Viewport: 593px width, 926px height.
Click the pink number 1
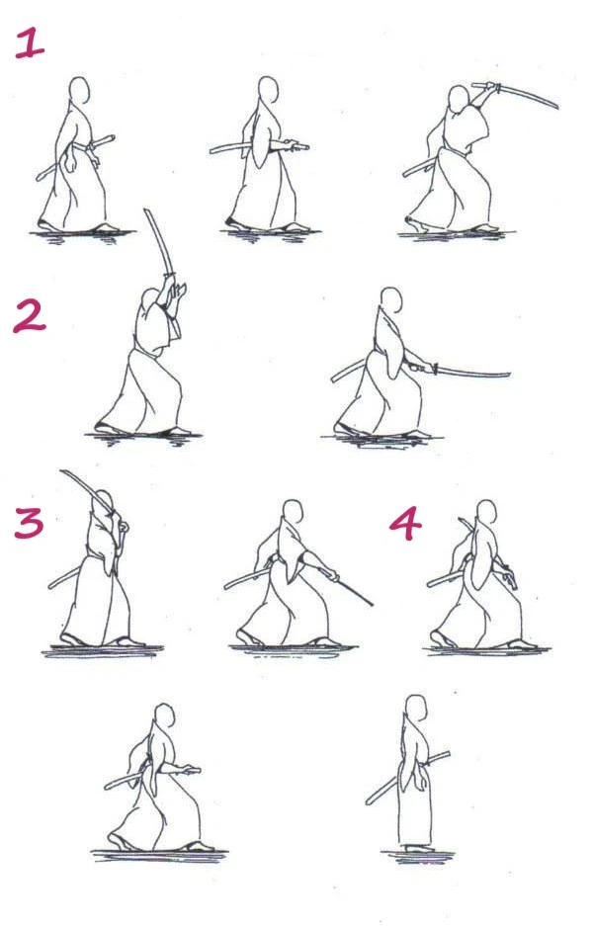[30, 43]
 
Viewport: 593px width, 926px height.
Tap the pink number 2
[30, 315]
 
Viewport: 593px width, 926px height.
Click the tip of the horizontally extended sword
[509, 375]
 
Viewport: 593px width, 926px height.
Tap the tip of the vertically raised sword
[146, 210]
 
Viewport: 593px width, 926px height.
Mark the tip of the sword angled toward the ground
[373, 604]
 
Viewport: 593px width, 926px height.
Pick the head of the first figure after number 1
[79, 90]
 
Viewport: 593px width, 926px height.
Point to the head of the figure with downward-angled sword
[292, 512]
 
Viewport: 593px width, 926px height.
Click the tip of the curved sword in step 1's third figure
[557, 106]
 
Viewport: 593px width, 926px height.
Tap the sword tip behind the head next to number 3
[61, 473]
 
